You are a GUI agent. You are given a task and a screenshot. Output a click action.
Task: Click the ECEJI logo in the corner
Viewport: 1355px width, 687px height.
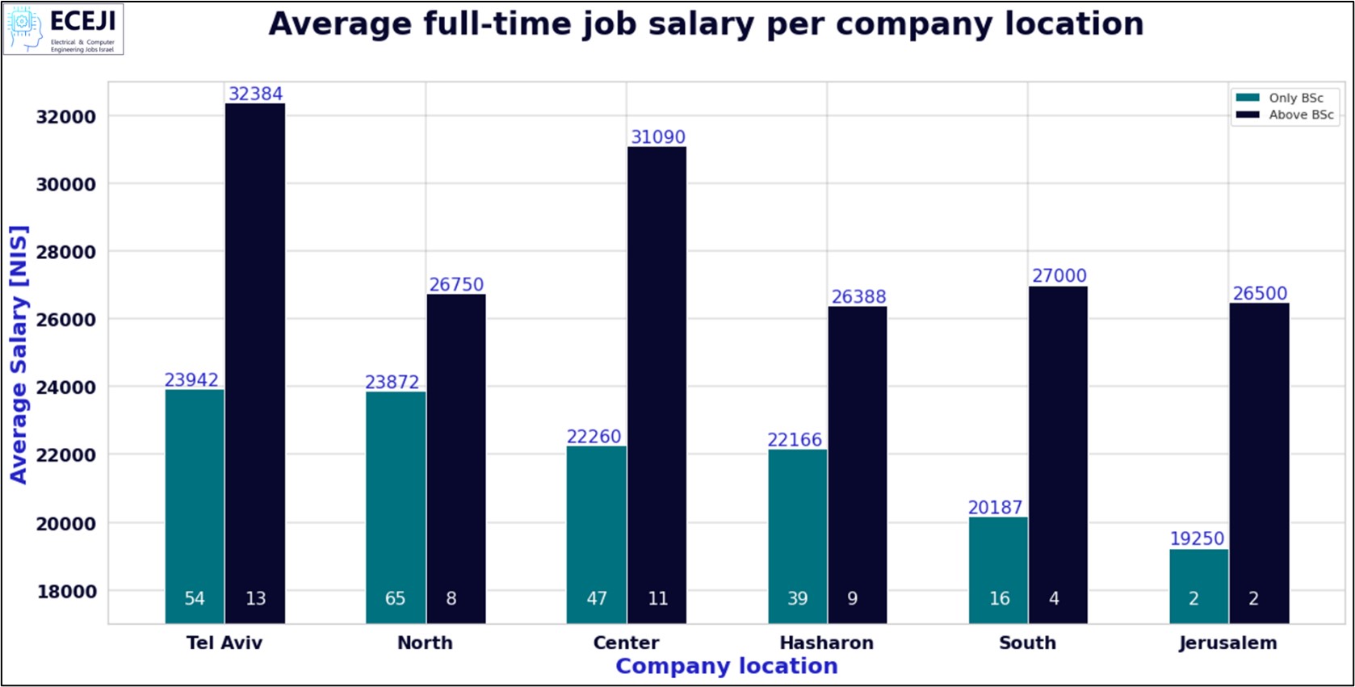point(63,30)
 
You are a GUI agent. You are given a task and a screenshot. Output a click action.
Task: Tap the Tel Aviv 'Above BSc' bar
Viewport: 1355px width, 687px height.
point(255,363)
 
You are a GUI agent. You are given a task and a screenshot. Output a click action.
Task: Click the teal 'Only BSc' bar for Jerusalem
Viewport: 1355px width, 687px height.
point(1198,586)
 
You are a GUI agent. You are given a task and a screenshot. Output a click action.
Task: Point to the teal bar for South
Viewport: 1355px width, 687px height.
point(998,570)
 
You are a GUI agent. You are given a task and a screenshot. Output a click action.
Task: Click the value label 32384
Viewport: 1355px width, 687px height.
point(255,94)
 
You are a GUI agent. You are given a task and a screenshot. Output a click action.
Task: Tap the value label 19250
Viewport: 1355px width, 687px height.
point(1197,538)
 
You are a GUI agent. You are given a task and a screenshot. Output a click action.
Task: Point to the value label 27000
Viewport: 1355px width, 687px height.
point(1059,276)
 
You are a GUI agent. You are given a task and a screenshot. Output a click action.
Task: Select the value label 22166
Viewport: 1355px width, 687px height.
point(795,440)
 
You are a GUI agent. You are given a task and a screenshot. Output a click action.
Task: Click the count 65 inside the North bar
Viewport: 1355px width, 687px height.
point(395,598)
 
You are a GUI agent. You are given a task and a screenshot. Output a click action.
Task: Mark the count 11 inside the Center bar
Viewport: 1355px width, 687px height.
point(658,598)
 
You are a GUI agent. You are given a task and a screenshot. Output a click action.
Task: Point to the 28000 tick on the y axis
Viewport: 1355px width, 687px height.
point(65,252)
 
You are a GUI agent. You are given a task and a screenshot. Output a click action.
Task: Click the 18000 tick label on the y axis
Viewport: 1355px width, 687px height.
point(65,592)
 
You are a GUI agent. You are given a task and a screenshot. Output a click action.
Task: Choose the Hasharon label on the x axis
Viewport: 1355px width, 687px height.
point(826,643)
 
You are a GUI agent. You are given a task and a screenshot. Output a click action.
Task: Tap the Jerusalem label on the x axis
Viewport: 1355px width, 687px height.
point(1227,643)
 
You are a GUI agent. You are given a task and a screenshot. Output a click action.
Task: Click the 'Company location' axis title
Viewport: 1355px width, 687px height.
point(726,666)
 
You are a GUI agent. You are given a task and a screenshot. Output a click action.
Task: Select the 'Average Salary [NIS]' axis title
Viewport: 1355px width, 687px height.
point(19,354)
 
